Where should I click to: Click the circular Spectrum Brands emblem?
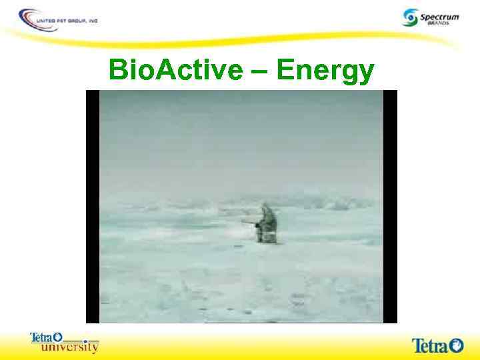[411, 17]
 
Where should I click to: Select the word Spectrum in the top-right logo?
[441, 15]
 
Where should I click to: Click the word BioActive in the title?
[175, 69]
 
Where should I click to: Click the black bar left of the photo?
[93, 207]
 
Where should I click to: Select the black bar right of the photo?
[390, 207]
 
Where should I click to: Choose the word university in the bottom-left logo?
[69, 347]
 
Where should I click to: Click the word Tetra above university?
[41, 338]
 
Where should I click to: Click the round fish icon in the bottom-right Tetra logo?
[457, 345]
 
